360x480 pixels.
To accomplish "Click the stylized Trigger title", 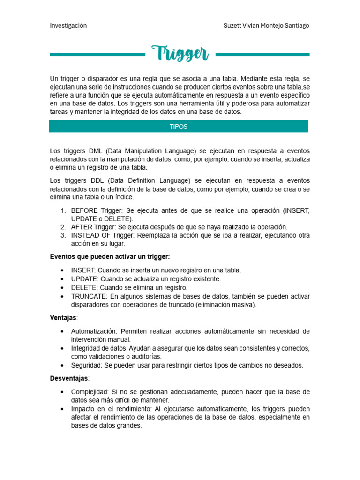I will tap(180, 54).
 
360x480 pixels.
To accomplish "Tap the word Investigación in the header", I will tap(68, 26).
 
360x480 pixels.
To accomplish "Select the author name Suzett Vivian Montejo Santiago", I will tap(266, 26).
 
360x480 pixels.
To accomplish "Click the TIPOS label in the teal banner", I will tap(178, 127).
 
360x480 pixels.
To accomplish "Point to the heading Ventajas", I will tap(63, 317).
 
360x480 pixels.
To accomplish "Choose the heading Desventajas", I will tap(68, 378).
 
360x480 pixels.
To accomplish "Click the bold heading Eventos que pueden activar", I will tap(110, 256).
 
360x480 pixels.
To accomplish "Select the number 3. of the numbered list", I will tap(63, 235).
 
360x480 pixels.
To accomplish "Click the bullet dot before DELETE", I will tap(62, 288).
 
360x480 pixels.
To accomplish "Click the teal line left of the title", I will tap(97, 55).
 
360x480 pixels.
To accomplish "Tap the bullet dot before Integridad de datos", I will tap(62, 348).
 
